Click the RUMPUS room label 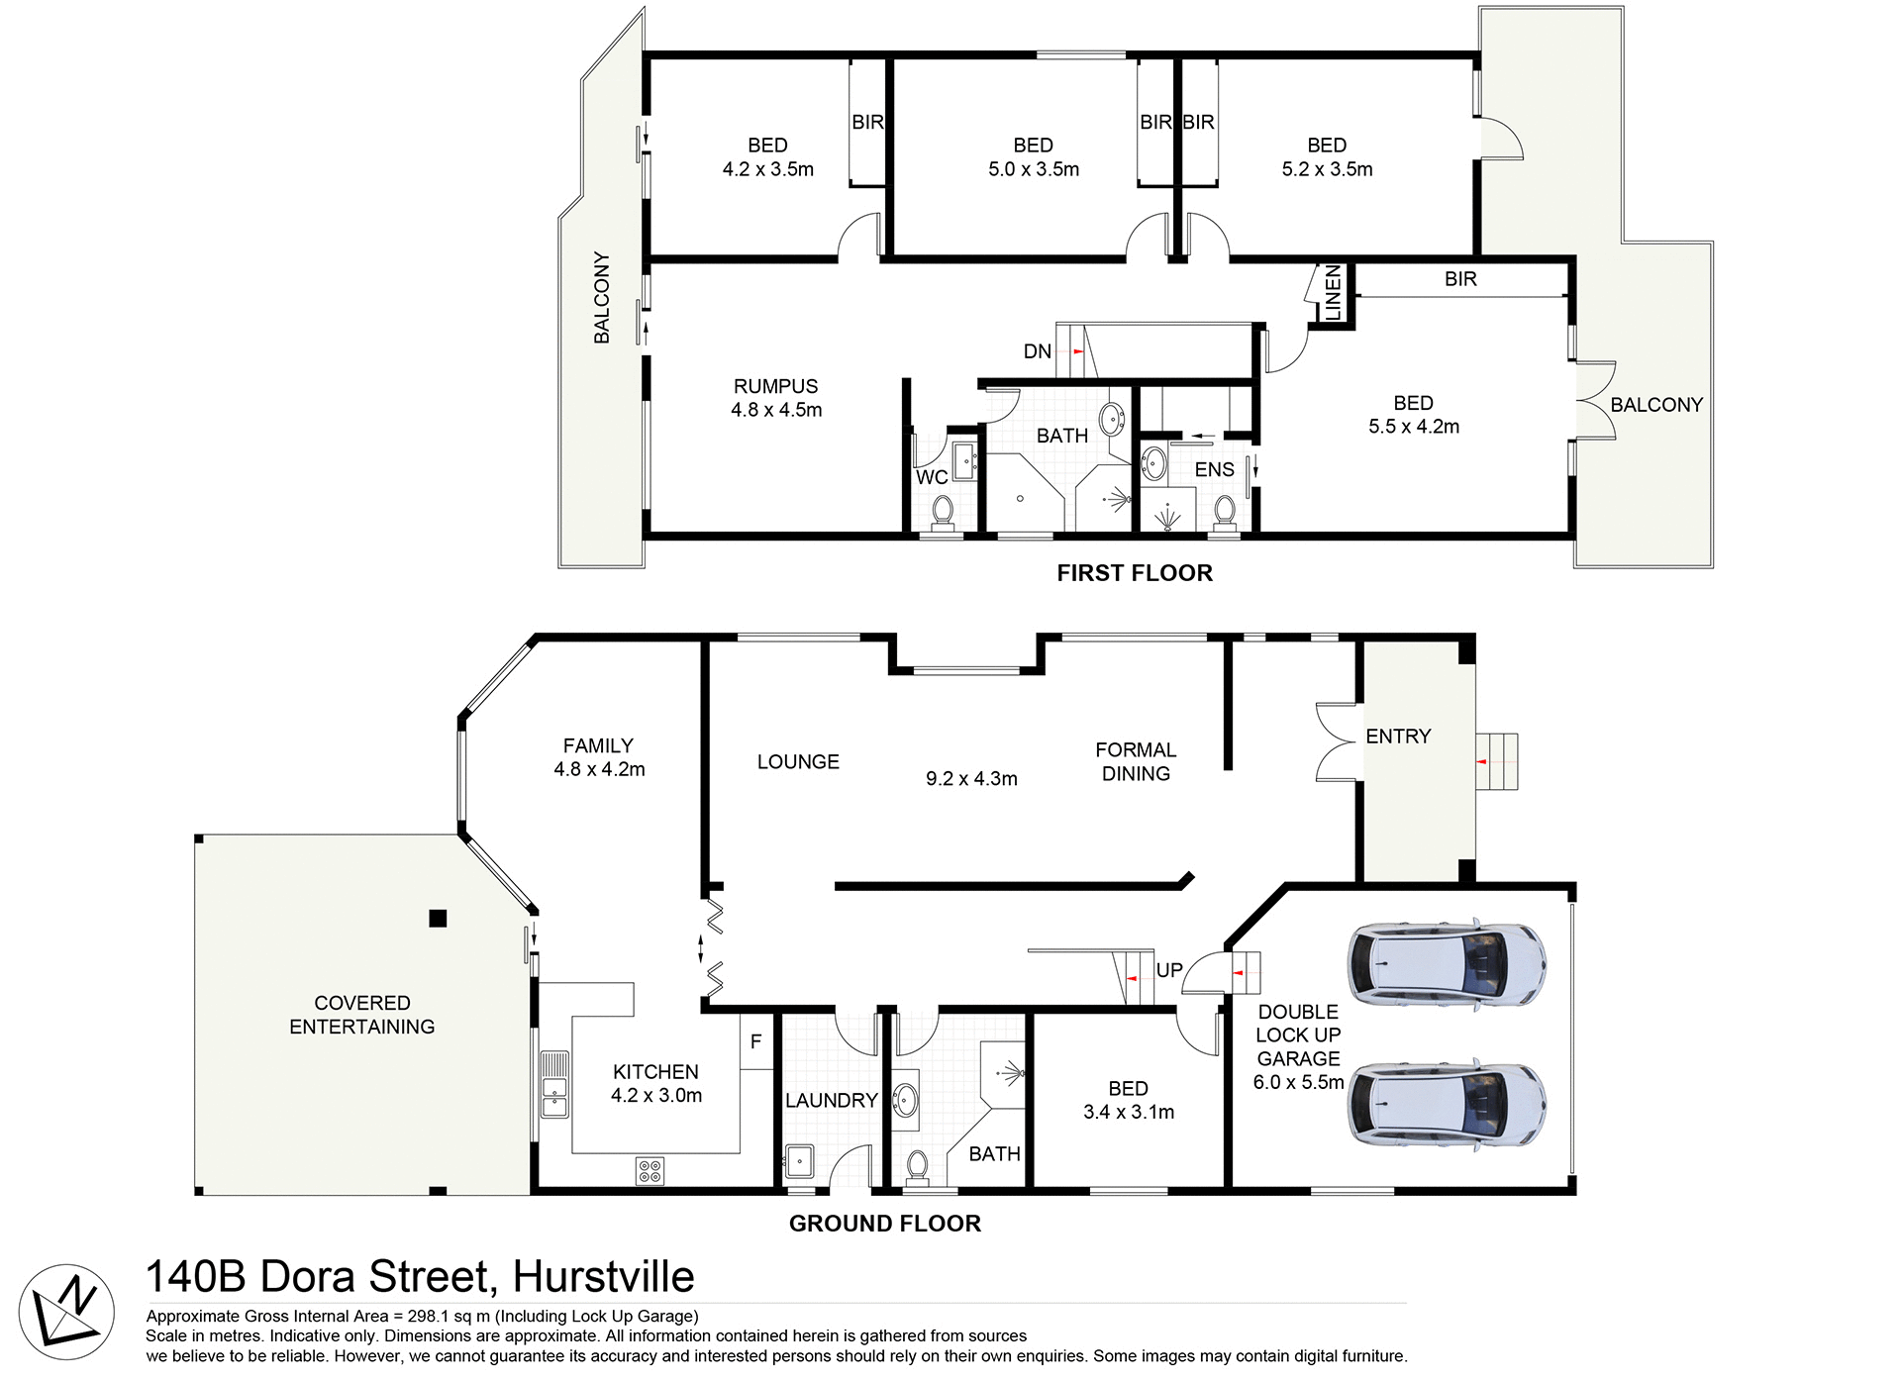(775, 386)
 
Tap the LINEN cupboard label (1333, 292)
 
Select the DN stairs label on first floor (1037, 351)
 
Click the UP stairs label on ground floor (1169, 970)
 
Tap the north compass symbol (66, 1312)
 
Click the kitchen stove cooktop (650, 1171)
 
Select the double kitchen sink (554, 1084)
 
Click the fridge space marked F (755, 1042)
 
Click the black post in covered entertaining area (438, 919)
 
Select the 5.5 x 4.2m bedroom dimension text (1413, 427)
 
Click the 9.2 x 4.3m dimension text (971, 779)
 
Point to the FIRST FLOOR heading (1134, 573)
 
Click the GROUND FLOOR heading (884, 1224)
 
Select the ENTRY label (1398, 737)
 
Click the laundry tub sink (799, 1159)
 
